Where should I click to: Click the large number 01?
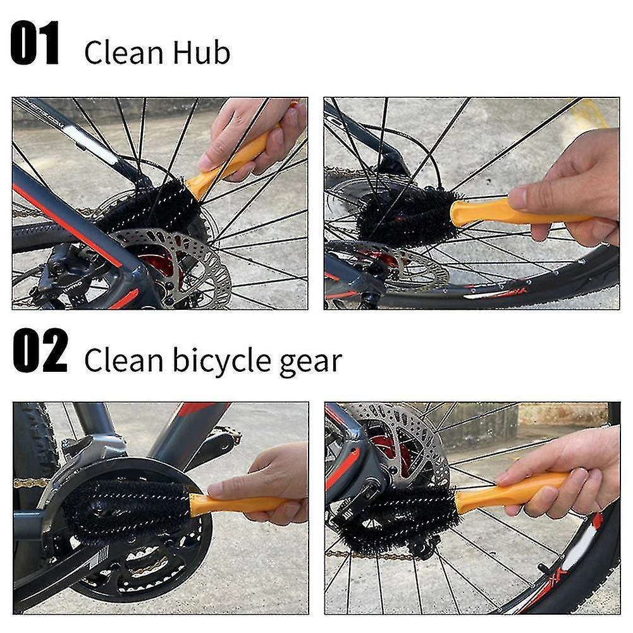coord(35,44)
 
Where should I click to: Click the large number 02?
coord(40,350)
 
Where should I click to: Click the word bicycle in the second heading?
coord(223,360)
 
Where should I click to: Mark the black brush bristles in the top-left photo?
coord(149,206)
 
